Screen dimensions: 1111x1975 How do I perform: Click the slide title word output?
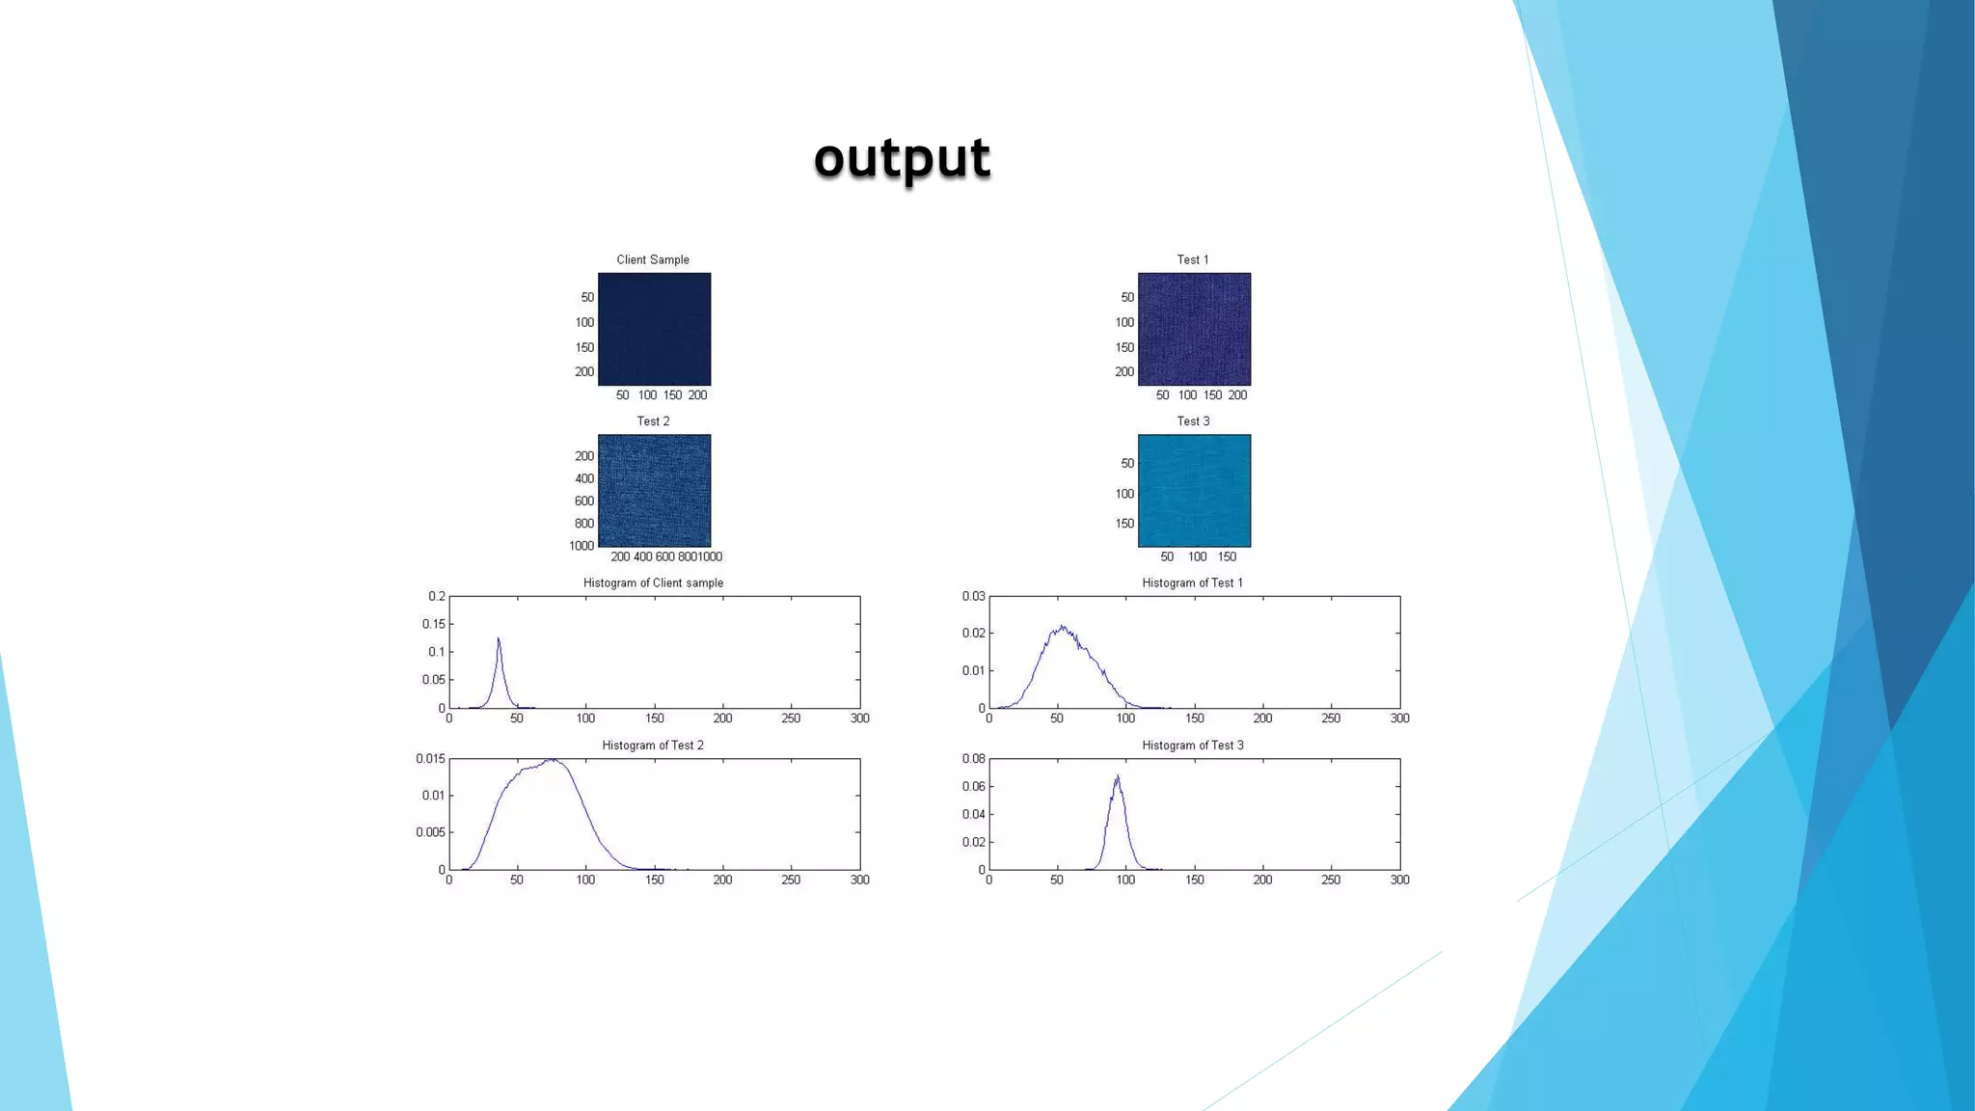(x=902, y=157)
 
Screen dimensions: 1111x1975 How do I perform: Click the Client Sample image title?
(x=653, y=259)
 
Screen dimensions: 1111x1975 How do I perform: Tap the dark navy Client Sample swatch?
(x=654, y=329)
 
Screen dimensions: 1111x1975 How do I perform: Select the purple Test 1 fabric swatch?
(x=1194, y=329)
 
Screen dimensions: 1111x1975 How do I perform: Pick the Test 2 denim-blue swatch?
(x=654, y=490)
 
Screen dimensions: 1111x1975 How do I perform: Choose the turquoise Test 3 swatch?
(x=1194, y=490)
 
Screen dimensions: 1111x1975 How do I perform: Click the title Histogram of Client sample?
(x=653, y=583)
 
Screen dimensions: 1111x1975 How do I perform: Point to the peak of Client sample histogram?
(x=499, y=638)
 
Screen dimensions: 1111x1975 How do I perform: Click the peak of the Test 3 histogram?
(x=1117, y=776)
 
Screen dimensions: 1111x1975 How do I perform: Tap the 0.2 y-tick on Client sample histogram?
(x=437, y=596)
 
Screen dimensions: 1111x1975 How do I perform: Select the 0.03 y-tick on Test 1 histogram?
(x=973, y=596)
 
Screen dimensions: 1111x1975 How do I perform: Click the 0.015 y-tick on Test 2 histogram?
(x=430, y=759)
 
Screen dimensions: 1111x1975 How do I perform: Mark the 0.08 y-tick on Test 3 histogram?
(x=973, y=759)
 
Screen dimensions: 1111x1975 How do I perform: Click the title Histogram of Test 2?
(x=653, y=745)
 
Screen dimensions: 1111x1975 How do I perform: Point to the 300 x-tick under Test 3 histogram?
(x=1399, y=880)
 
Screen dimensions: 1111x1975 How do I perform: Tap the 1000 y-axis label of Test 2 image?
(x=581, y=546)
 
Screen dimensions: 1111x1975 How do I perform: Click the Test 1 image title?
(x=1193, y=259)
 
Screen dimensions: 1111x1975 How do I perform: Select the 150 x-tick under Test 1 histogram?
(x=1194, y=718)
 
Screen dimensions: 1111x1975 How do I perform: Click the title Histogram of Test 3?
(x=1193, y=745)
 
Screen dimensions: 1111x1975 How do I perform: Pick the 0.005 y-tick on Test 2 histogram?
(x=430, y=832)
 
